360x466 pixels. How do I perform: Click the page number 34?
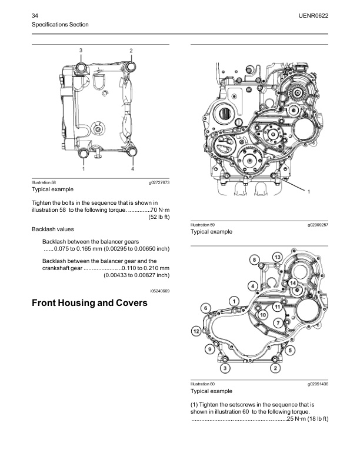click(x=35, y=14)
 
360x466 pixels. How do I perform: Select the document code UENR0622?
click(x=314, y=14)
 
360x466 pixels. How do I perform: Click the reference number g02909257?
click(x=316, y=225)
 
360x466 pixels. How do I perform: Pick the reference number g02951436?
click(x=316, y=384)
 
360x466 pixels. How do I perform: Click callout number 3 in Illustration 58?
click(x=81, y=51)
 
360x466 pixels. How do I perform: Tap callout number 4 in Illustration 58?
click(x=132, y=169)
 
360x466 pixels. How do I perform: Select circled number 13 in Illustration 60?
click(x=278, y=256)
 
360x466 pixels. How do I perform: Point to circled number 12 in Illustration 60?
click(x=196, y=332)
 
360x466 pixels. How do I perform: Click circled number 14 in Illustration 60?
click(x=292, y=283)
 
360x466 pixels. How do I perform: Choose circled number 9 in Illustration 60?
click(x=209, y=350)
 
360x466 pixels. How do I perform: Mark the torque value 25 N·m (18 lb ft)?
click(x=306, y=418)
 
